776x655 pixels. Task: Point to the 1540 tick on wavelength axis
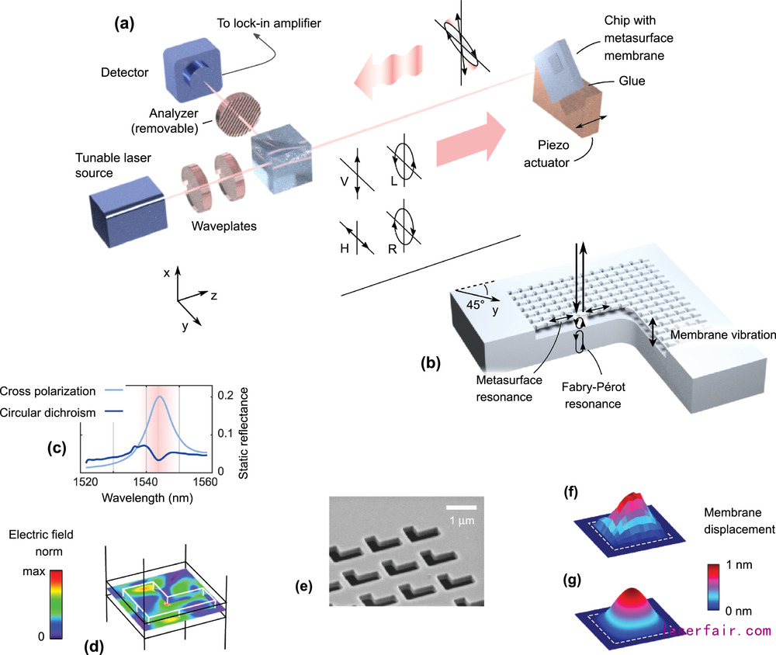[x=146, y=481]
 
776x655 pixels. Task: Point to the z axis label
[x=212, y=296]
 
